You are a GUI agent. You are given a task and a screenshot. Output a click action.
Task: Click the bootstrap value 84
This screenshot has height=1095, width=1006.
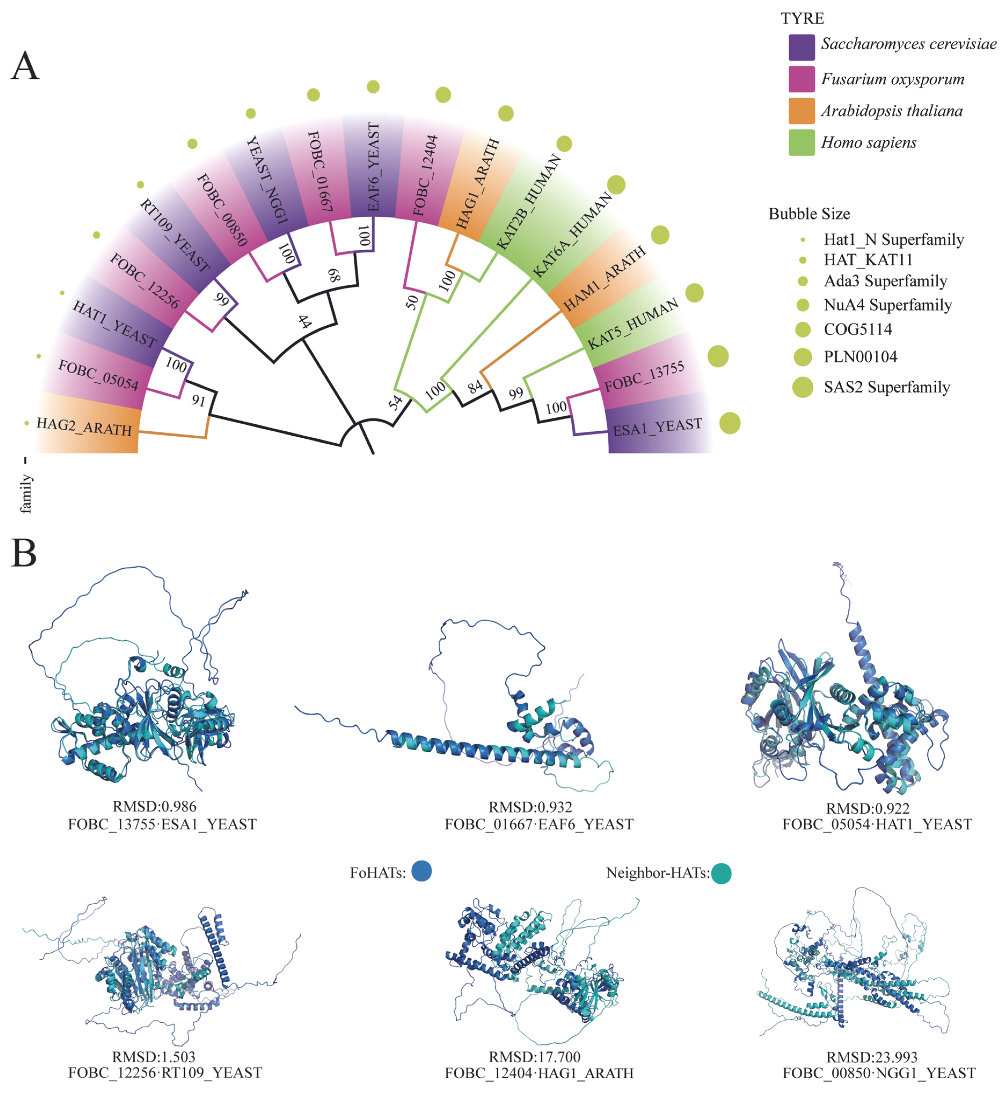(475, 386)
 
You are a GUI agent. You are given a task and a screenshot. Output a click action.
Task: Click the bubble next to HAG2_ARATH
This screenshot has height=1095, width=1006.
(27, 423)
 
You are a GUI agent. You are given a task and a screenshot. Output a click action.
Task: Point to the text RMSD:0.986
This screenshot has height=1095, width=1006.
(155, 807)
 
